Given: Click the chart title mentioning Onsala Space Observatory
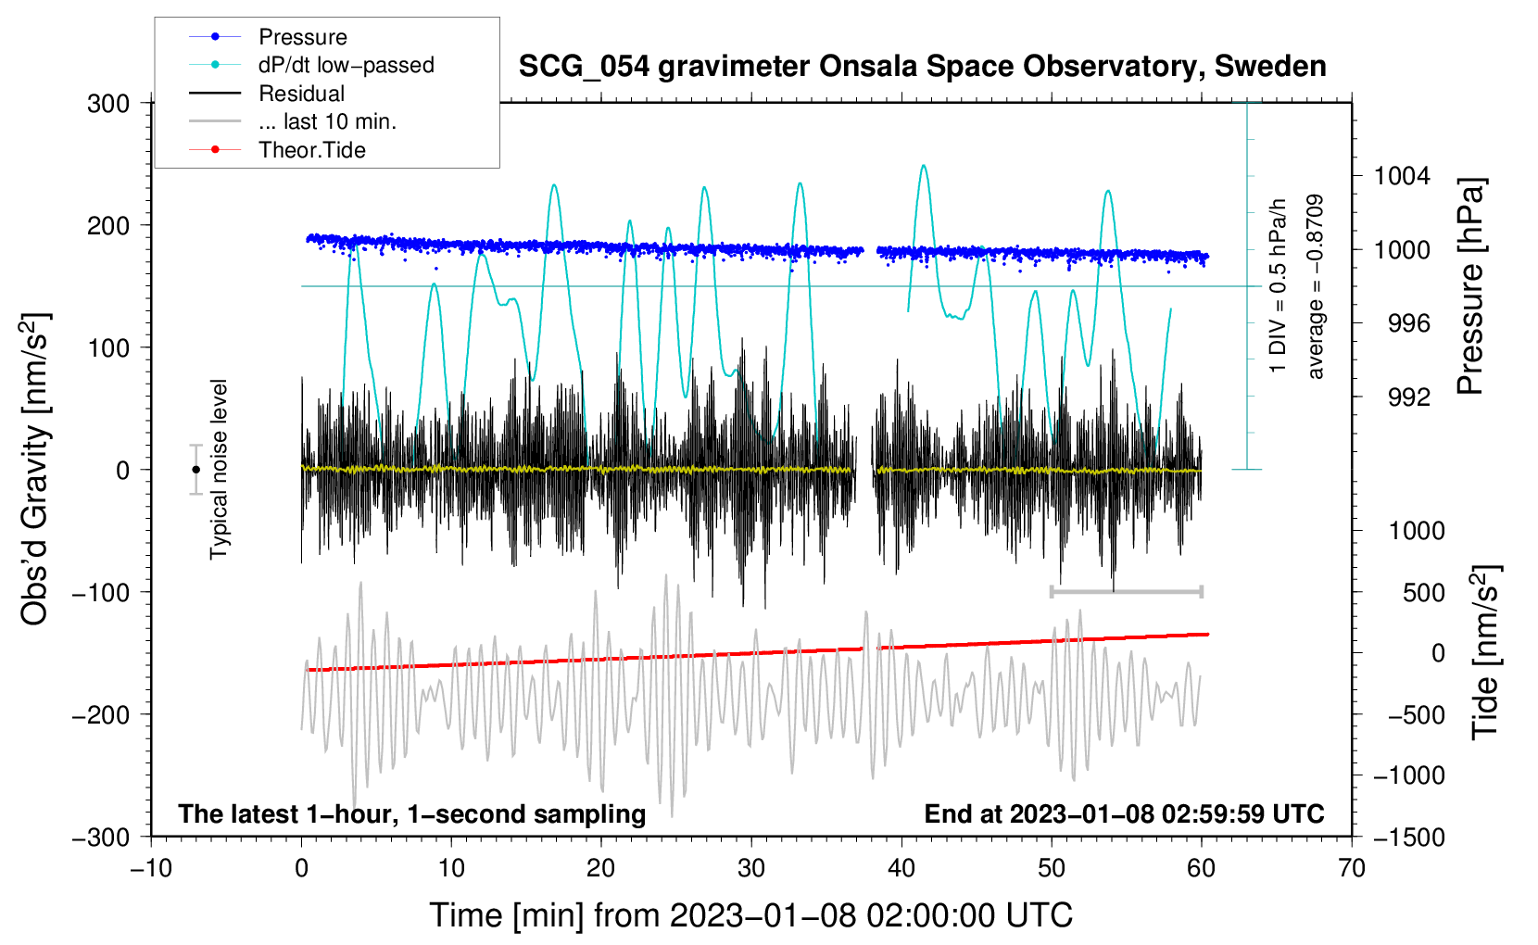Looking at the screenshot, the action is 922,67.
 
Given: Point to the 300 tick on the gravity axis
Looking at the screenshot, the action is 108,104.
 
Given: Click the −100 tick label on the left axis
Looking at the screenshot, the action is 101,592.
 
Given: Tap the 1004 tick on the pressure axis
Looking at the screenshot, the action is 1402,176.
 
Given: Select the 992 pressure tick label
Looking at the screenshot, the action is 1409,397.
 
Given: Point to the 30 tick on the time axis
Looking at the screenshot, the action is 751,868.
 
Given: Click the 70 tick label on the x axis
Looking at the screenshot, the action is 1351,868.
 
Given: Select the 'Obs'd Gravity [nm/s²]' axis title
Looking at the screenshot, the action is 35,469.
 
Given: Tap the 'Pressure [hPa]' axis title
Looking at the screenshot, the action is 1470,286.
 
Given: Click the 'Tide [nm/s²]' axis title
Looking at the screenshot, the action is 1486,652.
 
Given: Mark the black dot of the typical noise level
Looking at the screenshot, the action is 195,470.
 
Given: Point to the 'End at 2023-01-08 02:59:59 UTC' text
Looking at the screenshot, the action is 1124,813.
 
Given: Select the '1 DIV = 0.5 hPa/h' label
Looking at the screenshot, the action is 1277,286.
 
